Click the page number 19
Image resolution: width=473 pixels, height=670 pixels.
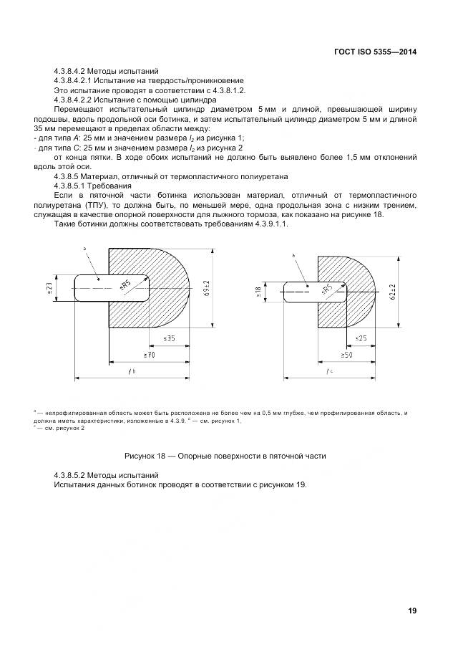tap(412, 611)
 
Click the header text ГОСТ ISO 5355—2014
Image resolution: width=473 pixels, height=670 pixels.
tap(376, 52)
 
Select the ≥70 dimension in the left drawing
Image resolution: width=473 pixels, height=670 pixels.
tap(150, 354)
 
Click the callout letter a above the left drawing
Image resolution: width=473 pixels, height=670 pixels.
tap(84, 248)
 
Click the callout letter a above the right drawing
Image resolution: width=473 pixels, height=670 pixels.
tap(293, 255)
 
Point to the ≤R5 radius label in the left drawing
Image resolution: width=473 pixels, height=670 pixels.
tap(125, 286)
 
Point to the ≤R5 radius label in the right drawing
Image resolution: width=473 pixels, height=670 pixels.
tap(328, 289)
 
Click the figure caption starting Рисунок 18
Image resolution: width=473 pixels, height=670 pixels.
tap(225, 456)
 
